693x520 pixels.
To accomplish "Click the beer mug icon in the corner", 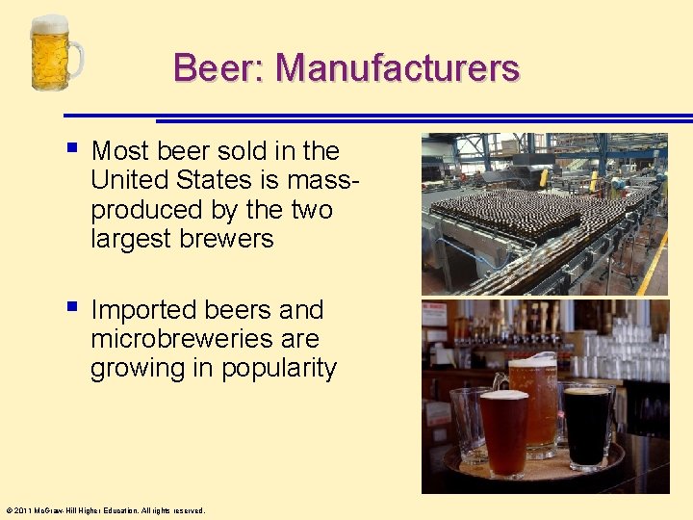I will pos(56,54).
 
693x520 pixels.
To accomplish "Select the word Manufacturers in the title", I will pos(398,68).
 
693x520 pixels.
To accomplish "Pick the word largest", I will pos(131,238).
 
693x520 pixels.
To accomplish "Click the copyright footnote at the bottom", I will pos(105,510).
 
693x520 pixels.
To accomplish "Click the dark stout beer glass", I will pos(586,424).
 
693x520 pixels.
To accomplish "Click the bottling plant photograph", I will pos(545,214).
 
